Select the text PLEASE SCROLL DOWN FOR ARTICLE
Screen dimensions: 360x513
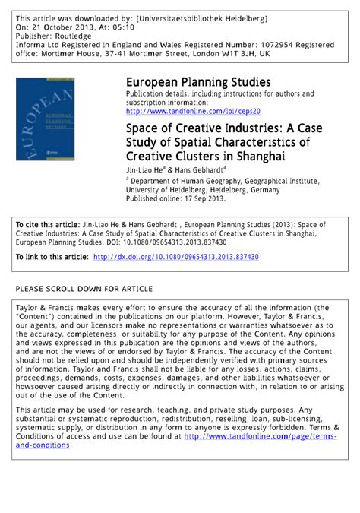(84, 290)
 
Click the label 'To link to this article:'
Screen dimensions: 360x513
(51, 258)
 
